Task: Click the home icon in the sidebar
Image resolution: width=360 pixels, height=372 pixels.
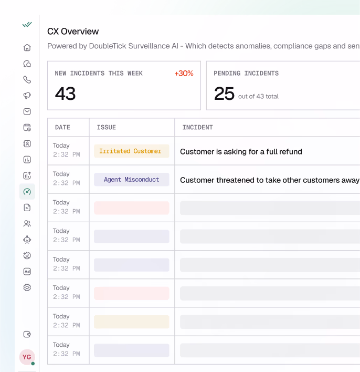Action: [27, 48]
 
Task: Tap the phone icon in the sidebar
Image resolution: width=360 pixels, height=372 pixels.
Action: [27, 80]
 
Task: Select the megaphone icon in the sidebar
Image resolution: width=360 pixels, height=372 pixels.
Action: [27, 96]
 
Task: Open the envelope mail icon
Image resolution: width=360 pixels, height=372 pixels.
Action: [27, 111]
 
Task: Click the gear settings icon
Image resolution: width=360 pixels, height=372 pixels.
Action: [27, 287]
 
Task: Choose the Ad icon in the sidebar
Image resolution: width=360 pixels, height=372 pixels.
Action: [27, 272]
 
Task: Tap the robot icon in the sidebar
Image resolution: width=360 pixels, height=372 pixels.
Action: [27, 240]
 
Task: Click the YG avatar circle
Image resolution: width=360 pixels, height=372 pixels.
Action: [27, 357]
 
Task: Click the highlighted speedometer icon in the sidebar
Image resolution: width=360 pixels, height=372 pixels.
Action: [27, 191]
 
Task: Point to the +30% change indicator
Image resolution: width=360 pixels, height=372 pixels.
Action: [184, 74]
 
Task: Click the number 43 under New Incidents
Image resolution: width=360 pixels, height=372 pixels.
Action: [65, 94]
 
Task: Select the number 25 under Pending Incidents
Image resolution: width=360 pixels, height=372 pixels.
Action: [224, 94]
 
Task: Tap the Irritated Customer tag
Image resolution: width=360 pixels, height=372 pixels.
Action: [131, 151]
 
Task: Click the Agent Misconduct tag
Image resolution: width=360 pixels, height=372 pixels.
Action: [131, 180]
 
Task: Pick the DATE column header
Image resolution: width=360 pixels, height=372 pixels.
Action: [62, 127]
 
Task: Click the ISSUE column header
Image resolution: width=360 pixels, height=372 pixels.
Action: [107, 127]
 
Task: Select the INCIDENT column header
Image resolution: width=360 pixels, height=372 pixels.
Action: [198, 127]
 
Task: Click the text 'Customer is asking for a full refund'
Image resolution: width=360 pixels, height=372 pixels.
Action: [241, 152]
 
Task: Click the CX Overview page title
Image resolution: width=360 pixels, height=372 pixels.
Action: [73, 32]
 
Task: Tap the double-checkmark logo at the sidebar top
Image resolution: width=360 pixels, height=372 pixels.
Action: [27, 25]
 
